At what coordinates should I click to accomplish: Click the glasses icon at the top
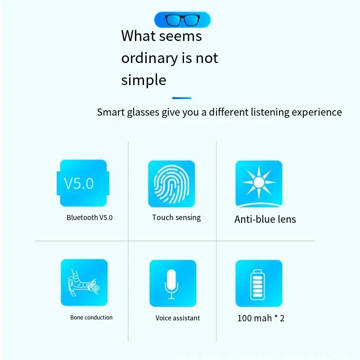point(182,20)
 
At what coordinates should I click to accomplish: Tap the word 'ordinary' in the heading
point(149,58)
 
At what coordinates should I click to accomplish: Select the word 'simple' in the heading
point(144,80)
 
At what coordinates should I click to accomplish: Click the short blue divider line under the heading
point(182,98)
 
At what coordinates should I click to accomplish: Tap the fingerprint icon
point(171,184)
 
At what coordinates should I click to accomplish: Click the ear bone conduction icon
point(84,283)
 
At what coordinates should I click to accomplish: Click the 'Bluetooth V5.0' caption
point(90,218)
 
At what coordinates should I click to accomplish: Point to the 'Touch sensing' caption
point(176,218)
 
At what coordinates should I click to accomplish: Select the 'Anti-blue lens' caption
point(265,220)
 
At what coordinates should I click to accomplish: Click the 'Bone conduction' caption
point(91,318)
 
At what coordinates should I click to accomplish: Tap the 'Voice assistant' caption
point(178,318)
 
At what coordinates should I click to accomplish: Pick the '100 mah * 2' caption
point(261,319)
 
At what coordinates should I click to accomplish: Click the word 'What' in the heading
point(139,36)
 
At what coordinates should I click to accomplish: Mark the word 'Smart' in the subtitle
point(110,112)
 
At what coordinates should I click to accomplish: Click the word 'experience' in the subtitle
point(317,112)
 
